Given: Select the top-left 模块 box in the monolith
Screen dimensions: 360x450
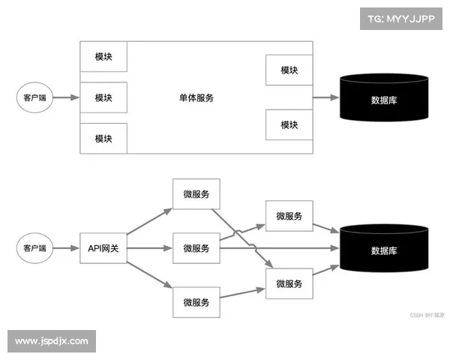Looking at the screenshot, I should click(x=103, y=57).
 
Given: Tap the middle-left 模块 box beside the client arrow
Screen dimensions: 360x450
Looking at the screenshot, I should click(x=103, y=98).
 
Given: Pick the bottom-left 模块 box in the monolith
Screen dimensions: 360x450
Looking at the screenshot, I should click(x=103, y=139).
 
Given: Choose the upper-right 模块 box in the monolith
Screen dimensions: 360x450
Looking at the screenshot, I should click(x=289, y=70).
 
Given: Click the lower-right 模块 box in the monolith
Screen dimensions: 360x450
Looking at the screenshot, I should click(x=289, y=124).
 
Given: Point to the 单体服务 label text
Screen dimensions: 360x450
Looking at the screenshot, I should click(x=196, y=98).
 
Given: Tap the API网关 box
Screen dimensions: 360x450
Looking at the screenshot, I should click(x=103, y=248).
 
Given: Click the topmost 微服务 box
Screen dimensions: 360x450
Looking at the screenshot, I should click(x=196, y=194).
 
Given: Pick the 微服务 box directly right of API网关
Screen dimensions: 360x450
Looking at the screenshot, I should click(x=196, y=248).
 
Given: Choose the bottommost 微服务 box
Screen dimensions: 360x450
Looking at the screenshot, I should click(x=196, y=302).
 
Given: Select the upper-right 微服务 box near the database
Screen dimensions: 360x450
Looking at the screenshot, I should click(x=289, y=217).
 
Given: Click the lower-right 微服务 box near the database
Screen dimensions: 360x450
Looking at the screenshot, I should click(x=289, y=284).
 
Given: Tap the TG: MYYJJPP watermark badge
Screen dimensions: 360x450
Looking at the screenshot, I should click(x=401, y=18).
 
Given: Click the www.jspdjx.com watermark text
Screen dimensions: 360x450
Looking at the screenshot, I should click(x=51, y=341).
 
